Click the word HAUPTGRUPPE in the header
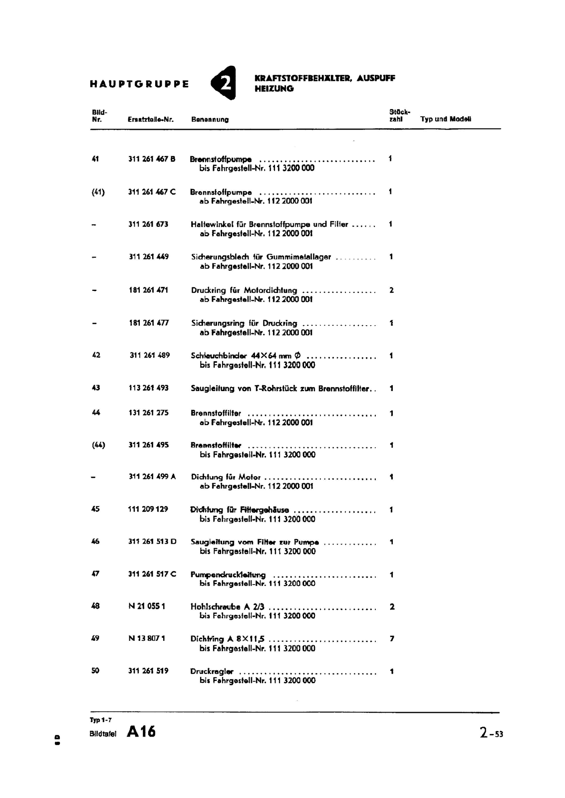139,84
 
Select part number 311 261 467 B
152,159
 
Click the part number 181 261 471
148,290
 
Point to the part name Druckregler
212,671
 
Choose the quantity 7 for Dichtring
392,639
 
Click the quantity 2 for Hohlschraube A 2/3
392,607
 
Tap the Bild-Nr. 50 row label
95,671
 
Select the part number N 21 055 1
147,606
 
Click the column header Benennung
210,120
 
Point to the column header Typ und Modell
445,119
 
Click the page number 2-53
491,733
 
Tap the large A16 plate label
141,732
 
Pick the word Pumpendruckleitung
228,575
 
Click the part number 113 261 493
148,388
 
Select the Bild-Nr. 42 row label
96,355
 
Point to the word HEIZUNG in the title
274,89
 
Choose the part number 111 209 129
148,509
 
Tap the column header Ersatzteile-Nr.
150,120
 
